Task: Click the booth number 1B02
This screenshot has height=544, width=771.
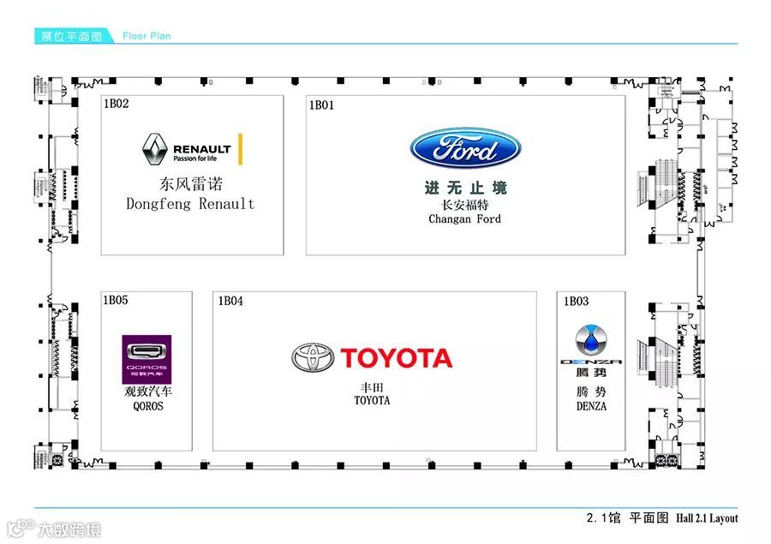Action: coord(116,104)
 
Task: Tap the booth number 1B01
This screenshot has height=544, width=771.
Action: coord(321,105)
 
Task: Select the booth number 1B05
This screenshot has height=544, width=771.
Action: coord(116,300)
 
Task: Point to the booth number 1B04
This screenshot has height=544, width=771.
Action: coord(230,301)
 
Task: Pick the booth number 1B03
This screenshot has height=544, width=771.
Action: coord(576,301)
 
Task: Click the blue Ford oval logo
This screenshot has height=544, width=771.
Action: coord(465,150)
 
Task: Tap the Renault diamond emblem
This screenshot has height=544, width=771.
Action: coord(154,149)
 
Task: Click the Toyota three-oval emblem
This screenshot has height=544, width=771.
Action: coord(313,358)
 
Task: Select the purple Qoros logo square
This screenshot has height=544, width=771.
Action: coord(146,359)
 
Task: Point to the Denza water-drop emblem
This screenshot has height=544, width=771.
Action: coord(590,340)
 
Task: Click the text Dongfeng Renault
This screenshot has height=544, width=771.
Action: coord(190,204)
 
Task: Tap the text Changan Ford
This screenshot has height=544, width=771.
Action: coord(465,219)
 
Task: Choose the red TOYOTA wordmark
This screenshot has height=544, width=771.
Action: coord(396,358)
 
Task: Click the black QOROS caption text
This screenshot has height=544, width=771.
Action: coord(147,406)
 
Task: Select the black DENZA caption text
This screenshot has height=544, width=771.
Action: coord(591,406)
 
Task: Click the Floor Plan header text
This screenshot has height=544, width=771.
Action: coord(146,36)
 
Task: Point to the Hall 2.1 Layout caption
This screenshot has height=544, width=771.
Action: coord(706,518)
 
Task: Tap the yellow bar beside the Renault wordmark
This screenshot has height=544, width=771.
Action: coord(241,149)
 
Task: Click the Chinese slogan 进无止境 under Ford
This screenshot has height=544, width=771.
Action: coord(465,188)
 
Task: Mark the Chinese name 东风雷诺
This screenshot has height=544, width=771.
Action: coord(189,183)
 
